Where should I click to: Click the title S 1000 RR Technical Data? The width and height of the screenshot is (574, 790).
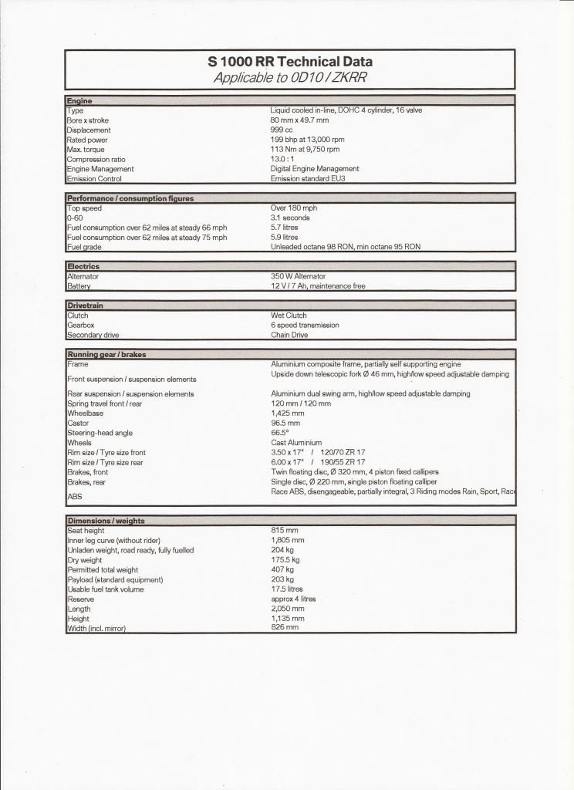[x=290, y=62]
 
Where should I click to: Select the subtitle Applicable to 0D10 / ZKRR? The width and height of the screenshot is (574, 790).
[x=290, y=78]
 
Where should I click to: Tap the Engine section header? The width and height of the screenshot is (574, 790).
[x=79, y=101]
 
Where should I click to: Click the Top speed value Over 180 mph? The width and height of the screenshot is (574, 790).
[x=294, y=208]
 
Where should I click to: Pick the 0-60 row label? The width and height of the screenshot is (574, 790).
[x=75, y=218]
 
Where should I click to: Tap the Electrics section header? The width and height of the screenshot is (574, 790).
[x=83, y=267]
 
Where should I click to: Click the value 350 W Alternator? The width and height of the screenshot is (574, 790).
[x=298, y=276]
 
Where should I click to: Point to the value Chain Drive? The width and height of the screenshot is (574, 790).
[x=290, y=336]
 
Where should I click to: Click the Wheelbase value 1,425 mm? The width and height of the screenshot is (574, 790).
[x=287, y=414]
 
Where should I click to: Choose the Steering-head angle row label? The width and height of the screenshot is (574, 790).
[x=99, y=433]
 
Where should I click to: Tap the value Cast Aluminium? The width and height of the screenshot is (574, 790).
[x=296, y=443]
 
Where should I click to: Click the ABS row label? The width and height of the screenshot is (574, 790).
[x=75, y=497]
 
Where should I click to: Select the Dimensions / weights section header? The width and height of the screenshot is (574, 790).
[x=106, y=521]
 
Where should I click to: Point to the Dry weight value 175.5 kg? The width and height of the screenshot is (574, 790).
[x=285, y=560]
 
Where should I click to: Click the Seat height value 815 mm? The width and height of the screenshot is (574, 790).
[x=285, y=531]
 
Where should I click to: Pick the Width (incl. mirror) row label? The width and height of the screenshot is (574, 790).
[x=96, y=629]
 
